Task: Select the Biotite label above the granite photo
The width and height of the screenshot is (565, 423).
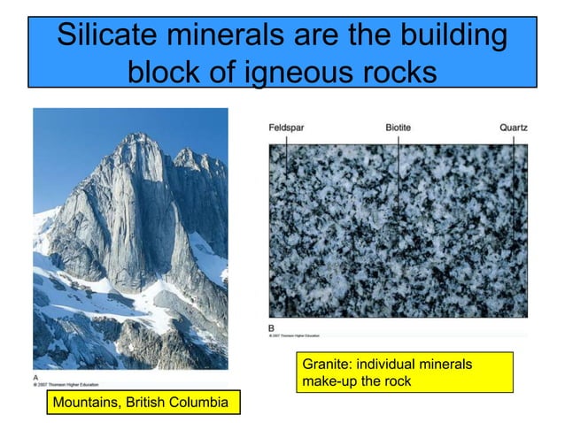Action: pos(398,128)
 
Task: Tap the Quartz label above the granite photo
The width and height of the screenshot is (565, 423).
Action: pos(513,128)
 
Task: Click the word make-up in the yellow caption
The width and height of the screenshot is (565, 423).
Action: pos(329,381)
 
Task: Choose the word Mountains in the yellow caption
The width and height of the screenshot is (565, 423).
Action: pos(86,404)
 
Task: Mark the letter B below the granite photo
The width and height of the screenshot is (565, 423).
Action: pos(271,326)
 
